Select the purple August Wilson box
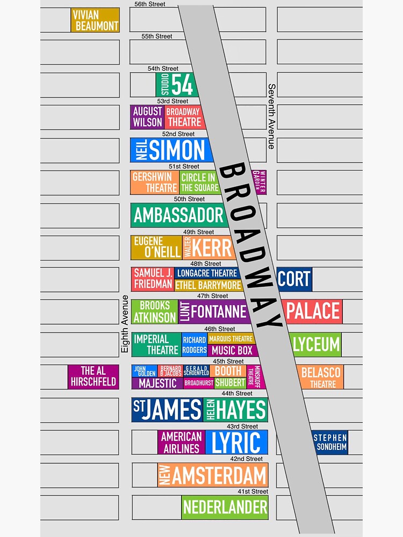click(x=147, y=117)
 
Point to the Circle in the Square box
click(x=199, y=183)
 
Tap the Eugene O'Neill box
click(x=156, y=247)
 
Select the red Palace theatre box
click(x=313, y=311)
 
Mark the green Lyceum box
click(x=316, y=344)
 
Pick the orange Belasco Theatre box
click(x=321, y=377)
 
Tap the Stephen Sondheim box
click(x=330, y=442)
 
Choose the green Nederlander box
click(x=225, y=507)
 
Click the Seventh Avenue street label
click(x=272, y=116)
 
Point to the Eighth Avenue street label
click(x=125, y=324)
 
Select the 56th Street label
click(x=150, y=4)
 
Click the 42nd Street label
click(x=247, y=459)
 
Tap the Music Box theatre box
click(x=230, y=350)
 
